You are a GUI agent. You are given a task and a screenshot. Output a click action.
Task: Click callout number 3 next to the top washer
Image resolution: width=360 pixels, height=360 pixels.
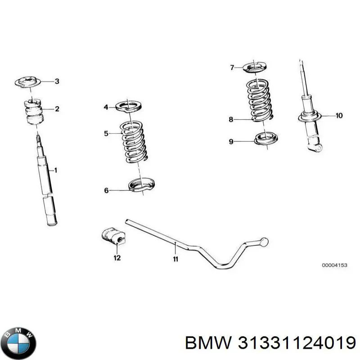click(57, 81)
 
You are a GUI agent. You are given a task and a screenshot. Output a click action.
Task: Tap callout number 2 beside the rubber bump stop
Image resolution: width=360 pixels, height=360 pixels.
click(57, 108)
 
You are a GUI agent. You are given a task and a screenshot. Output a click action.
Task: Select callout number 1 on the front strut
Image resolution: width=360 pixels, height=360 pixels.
click(56, 170)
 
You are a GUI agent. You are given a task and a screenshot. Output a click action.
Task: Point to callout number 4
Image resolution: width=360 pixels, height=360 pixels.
click(106, 107)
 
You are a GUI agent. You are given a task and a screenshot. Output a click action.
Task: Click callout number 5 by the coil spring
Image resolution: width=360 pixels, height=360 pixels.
click(106, 133)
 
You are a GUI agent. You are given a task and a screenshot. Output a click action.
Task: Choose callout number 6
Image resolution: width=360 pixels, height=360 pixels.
click(106, 190)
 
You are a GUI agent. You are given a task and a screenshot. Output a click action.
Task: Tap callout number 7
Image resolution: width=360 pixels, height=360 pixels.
click(232, 68)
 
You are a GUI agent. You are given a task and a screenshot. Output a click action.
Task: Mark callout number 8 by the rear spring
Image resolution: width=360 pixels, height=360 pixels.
click(231, 120)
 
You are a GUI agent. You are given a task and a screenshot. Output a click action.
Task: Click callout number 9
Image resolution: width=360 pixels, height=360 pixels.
click(231, 142)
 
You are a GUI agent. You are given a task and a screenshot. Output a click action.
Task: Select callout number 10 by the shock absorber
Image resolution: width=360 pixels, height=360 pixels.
click(339, 116)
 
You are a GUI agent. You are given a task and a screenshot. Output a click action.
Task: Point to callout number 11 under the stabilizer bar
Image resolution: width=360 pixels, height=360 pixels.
click(175, 259)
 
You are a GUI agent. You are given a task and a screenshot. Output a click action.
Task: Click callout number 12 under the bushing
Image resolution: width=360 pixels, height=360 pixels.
click(117, 258)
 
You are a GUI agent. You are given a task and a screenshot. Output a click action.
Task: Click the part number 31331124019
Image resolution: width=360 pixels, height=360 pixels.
click(292, 344)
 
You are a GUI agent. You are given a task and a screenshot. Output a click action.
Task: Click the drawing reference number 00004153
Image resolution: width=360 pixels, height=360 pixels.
click(334, 266)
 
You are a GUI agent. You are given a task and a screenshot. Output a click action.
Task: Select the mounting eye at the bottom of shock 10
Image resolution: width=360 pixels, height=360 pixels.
click(319, 148)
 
